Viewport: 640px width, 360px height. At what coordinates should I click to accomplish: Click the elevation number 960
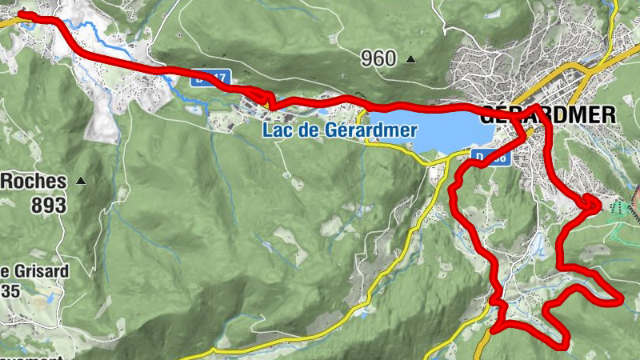[x=378, y=58]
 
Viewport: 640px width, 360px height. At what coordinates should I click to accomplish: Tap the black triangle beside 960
[x=411, y=58]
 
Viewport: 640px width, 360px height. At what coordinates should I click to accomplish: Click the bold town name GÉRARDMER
[x=549, y=114]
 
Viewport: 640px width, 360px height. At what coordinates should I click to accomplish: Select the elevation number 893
[x=48, y=205]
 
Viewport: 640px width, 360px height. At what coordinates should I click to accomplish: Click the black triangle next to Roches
[x=80, y=182]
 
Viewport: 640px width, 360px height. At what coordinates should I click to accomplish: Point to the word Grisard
[x=38, y=270]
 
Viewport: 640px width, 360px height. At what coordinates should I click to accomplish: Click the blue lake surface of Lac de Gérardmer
[x=424, y=132]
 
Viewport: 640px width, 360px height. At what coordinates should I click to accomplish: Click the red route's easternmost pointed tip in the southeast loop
[x=621, y=298]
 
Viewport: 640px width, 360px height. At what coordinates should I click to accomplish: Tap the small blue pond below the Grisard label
[x=50, y=298]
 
